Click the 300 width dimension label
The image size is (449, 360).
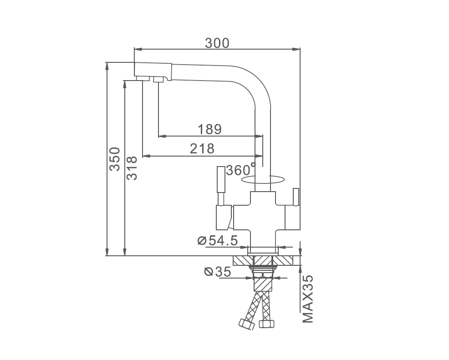(217, 43)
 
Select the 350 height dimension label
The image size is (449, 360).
(115, 159)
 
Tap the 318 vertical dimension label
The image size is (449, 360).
(132, 168)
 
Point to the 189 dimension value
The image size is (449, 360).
(210, 129)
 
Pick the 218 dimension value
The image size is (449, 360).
(202, 149)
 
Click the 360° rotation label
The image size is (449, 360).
(240, 169)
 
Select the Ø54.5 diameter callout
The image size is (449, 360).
(218, 240)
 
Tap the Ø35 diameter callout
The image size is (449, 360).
(217, 272)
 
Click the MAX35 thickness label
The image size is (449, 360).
(308, 299)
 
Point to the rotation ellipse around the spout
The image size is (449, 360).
(263, 183)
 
